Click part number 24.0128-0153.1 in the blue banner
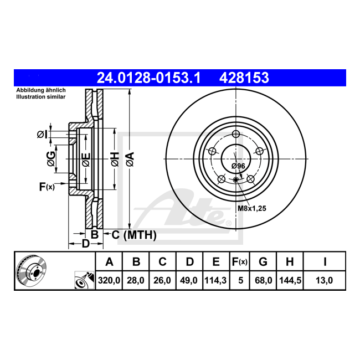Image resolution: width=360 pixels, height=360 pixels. click(x=149, y=78)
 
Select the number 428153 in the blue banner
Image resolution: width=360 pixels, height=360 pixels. click(x=244, y=78)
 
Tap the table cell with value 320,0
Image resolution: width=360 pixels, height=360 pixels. click(x=109, y=280)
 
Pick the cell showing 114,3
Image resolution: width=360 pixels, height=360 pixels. click(x=216, y=280)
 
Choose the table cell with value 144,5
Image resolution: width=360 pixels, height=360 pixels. click(x=290, y=280)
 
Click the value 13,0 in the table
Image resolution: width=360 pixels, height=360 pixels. click(x=324, y=280)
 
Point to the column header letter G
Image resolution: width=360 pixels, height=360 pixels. click(x=263, y=262)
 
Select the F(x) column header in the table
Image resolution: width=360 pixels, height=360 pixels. click(x=240, y=262)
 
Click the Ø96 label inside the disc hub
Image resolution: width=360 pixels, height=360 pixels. click(x=238, y=166)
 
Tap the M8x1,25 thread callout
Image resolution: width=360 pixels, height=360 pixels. click(x=251, y=208)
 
